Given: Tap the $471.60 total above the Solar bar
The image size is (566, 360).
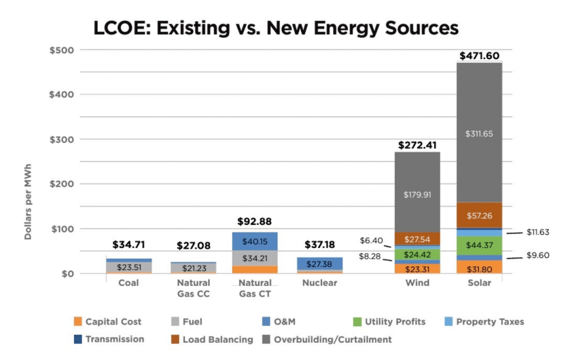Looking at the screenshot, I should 484,55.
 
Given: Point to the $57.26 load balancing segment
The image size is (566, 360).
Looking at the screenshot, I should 484,214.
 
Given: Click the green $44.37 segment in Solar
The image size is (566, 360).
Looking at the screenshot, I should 484,245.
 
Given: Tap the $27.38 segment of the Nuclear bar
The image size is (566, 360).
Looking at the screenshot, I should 320,263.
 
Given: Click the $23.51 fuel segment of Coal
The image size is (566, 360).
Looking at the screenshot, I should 129,268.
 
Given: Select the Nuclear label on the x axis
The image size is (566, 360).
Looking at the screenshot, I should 320,283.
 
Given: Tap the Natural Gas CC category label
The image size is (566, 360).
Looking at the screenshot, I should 193,288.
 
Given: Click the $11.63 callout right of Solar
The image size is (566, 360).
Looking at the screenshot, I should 538,232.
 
